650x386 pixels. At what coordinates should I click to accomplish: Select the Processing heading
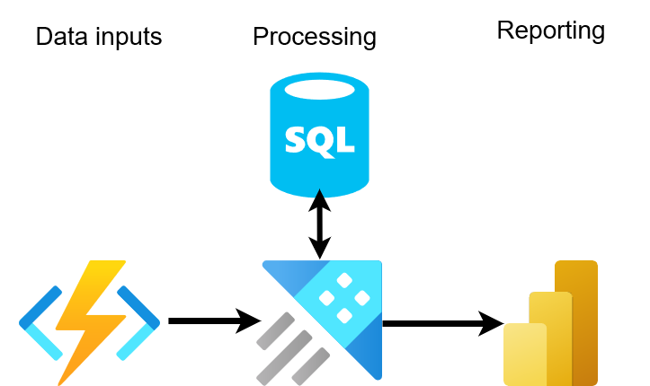click(x=315, y=37)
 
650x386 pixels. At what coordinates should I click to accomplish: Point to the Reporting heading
click(x=550, y=31)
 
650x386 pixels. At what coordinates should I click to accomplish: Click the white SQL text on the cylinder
click(x=319, y=139)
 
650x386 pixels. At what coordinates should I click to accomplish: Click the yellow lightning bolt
click(x=90, y=319)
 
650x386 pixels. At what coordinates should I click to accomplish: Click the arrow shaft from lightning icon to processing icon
click(x=202, y=320)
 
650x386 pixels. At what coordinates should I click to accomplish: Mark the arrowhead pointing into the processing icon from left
click(x=249, y=320)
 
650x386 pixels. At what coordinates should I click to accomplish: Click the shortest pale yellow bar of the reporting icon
click(x=525, y=354)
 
